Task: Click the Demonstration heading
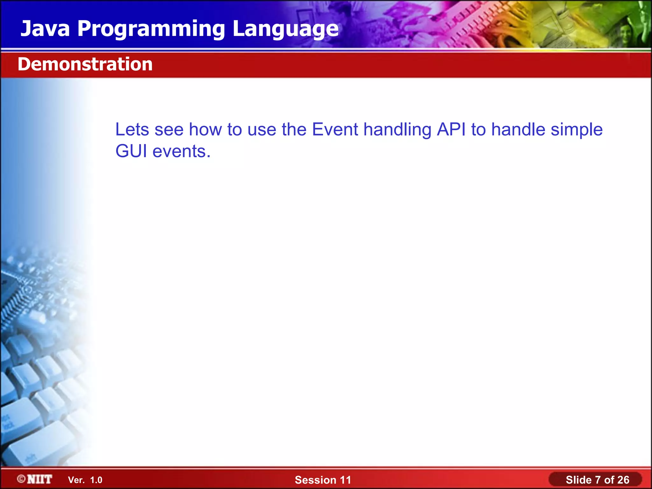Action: pos(85,64)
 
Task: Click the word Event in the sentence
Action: pos(335,130)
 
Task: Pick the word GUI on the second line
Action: pos(131,151)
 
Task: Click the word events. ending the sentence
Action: pos(181,152)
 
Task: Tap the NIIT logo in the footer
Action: pos(39,479)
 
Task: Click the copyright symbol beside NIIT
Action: pos(21,479)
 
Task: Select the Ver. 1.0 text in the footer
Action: pos(85,480)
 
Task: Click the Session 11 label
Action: pos(323,480)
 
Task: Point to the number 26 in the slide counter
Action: pos(623,479)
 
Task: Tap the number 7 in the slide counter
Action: pos(598,479)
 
